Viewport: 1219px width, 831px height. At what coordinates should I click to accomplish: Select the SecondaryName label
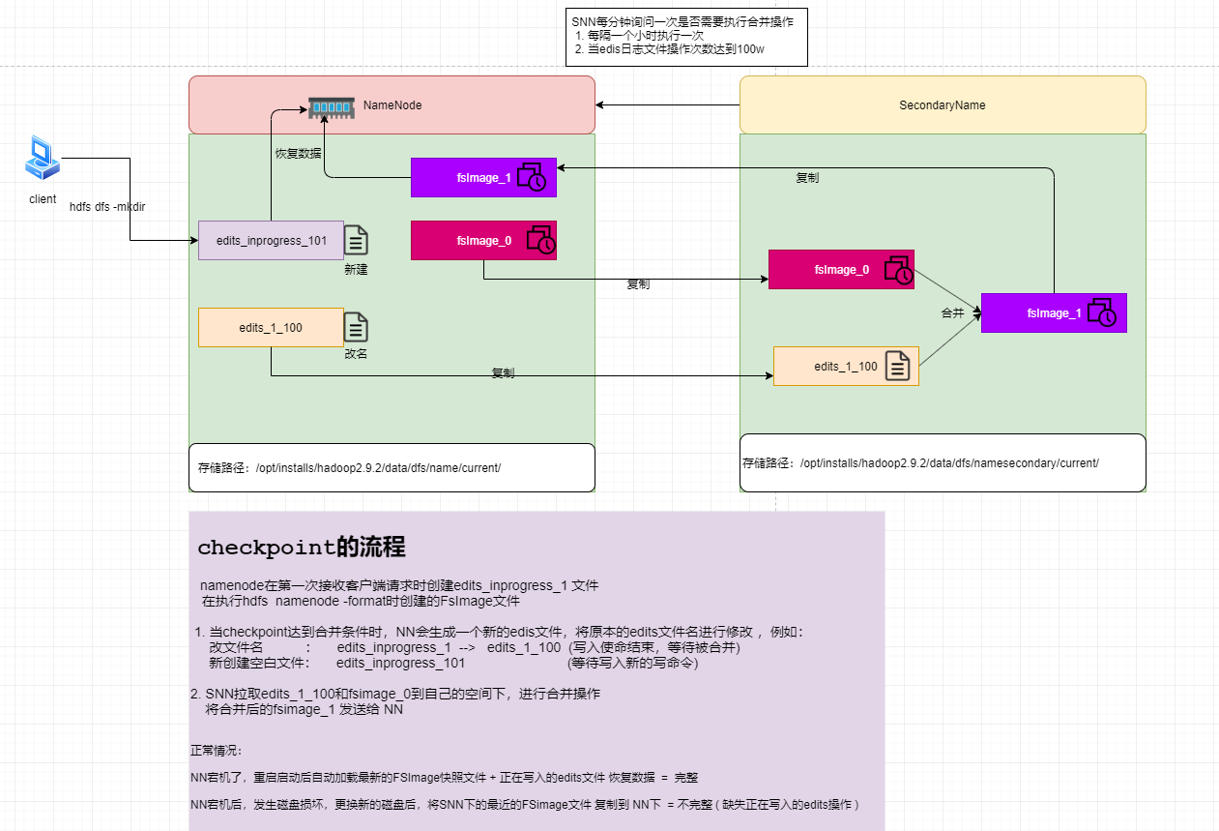coord(942,104)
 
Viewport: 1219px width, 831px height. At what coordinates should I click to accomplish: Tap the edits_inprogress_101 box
coord(271,240)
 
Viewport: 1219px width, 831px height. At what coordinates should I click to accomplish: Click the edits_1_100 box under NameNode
coord(271,328)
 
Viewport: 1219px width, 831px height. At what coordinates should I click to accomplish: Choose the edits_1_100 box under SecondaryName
coord(846,367)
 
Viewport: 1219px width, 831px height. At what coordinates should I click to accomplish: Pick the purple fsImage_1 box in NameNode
coord(483,177)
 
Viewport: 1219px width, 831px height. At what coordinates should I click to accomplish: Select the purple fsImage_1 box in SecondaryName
coord(1054,313)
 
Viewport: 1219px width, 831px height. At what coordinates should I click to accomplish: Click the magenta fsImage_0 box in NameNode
coord(483,241)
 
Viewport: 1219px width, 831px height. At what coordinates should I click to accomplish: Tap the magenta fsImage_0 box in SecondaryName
coord(841,270)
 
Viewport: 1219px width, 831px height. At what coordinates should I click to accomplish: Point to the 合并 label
coord(953,313)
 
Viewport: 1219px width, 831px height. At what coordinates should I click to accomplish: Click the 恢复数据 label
coord(299,153)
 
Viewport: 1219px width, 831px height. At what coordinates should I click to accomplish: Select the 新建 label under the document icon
coord(356,270)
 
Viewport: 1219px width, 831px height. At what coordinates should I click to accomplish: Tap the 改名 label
coord(356,354)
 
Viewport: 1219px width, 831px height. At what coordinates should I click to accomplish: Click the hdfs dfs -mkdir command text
coord(107,207)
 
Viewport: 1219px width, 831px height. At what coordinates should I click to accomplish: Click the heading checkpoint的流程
coord(301,548)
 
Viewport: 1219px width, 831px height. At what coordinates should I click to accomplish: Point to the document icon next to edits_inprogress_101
coord(356,240)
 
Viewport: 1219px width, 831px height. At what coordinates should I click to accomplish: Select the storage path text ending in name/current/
coord(349,468)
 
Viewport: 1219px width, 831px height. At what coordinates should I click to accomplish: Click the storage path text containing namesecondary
coord(920,463)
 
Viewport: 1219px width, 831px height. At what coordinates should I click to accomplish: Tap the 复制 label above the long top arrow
coord(808,178)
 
